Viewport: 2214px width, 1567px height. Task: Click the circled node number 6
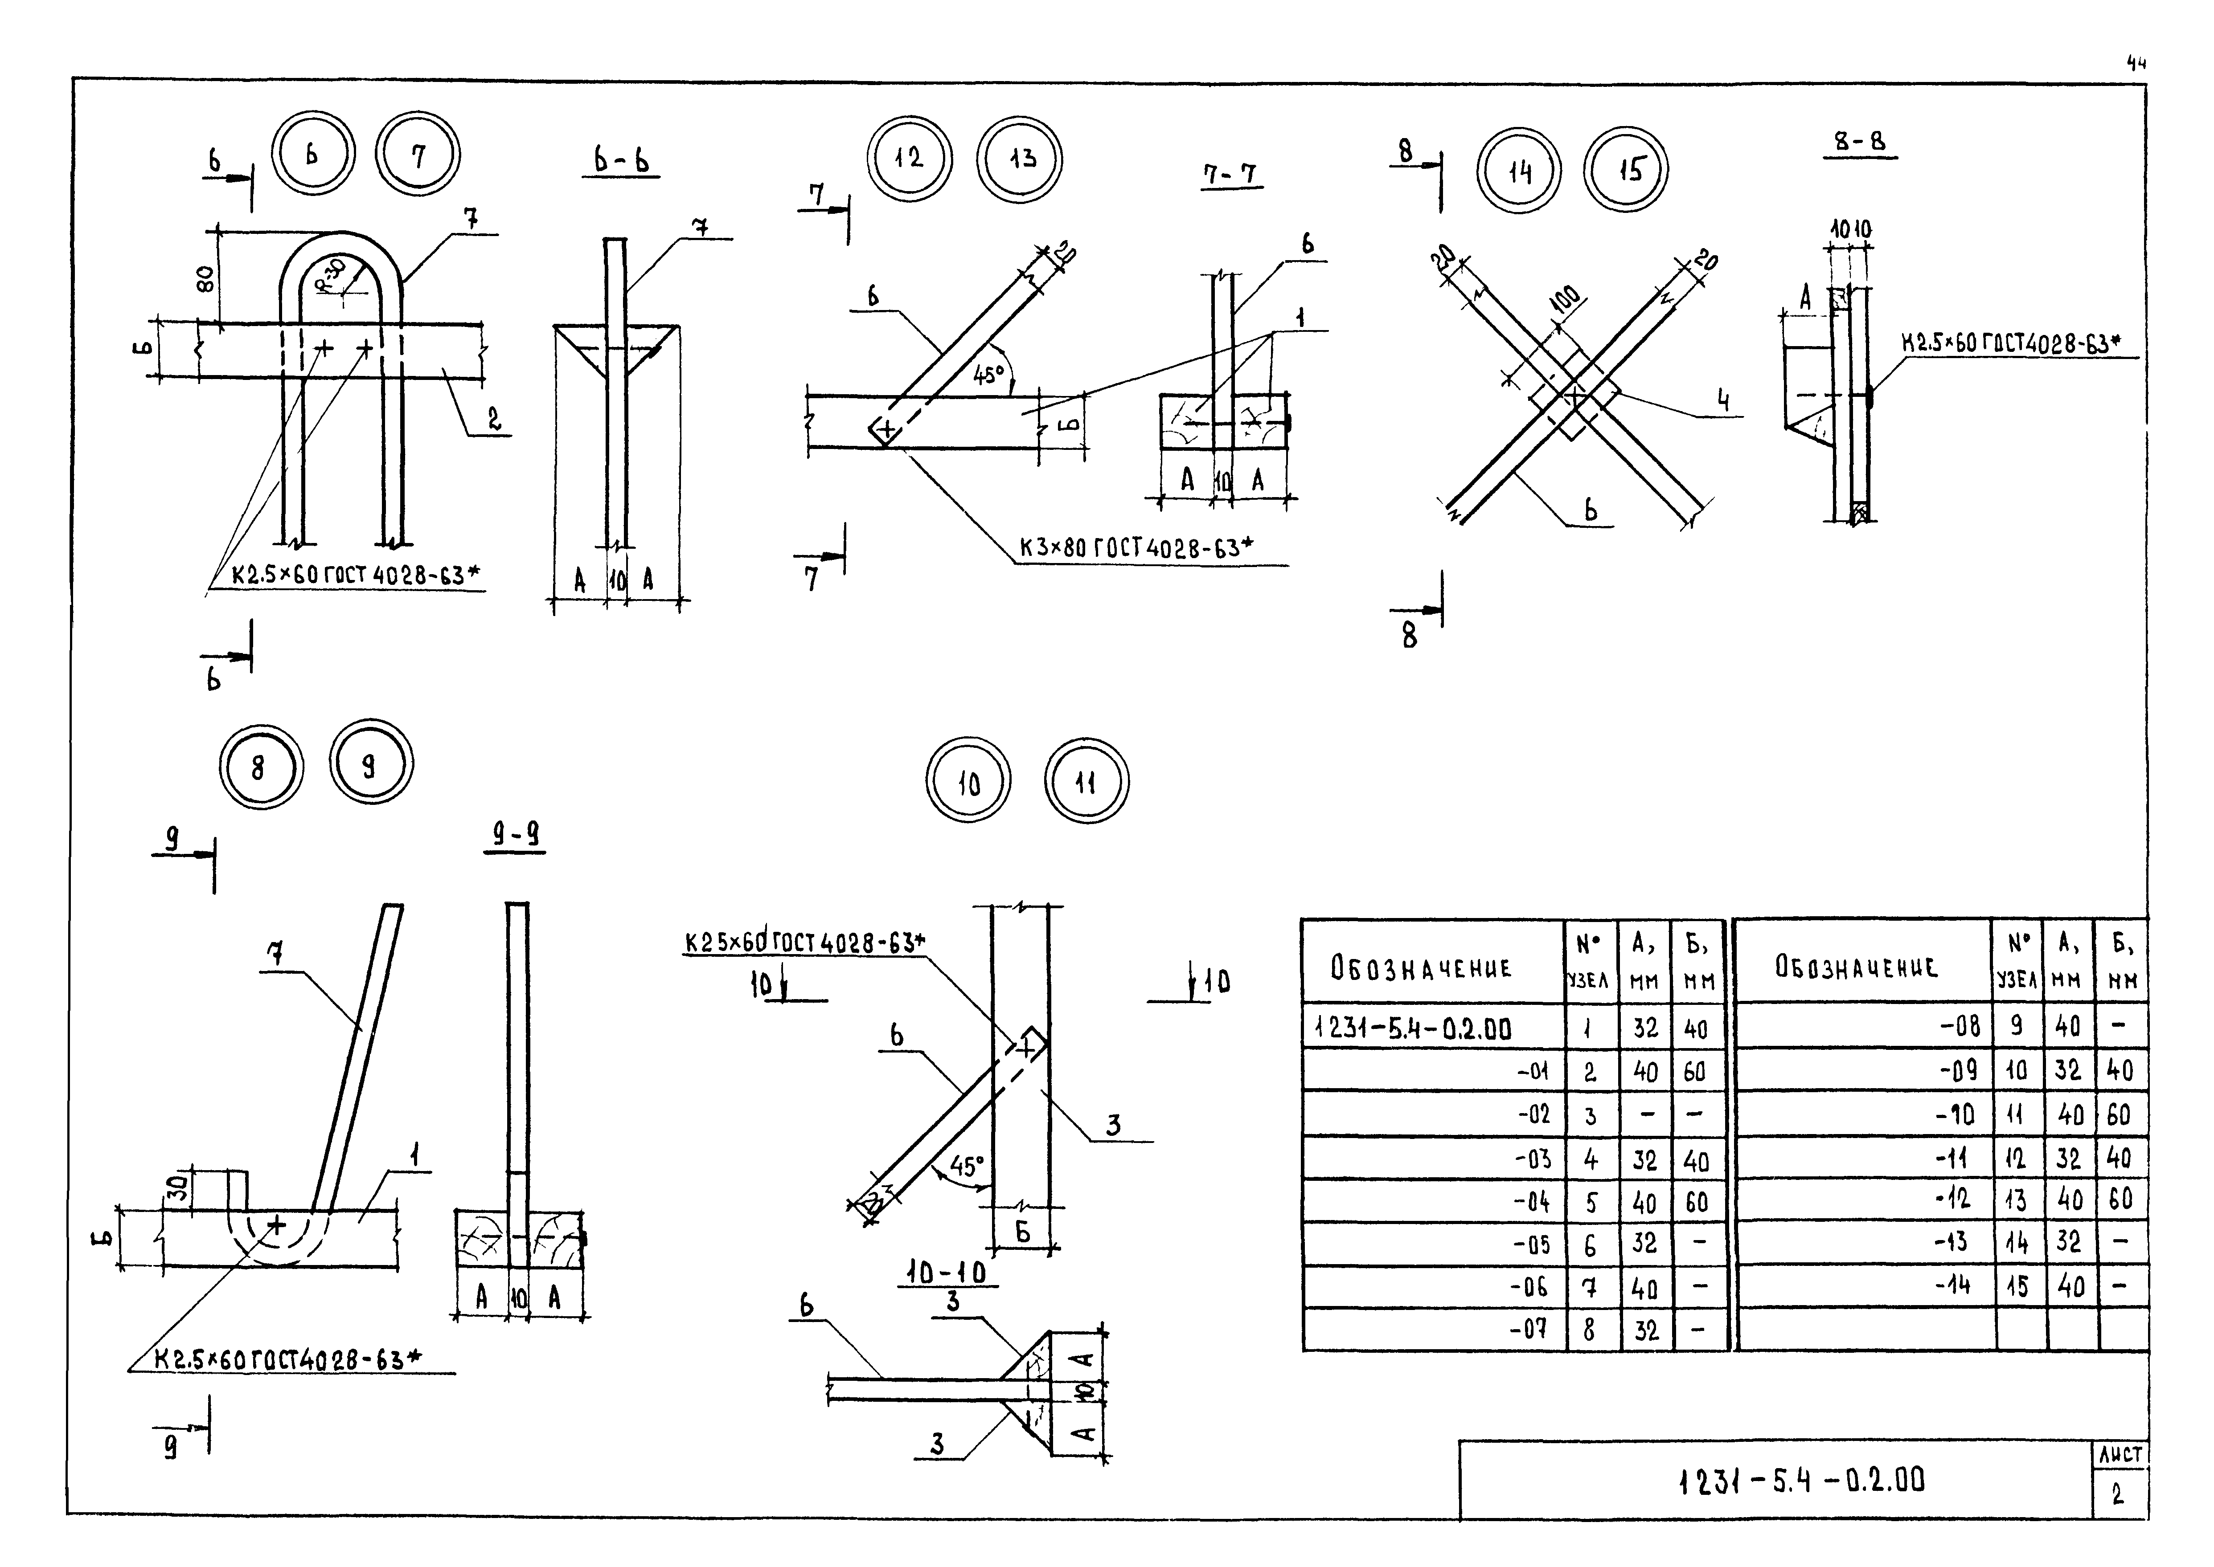312,155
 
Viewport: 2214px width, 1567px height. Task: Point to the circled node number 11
1086,782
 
